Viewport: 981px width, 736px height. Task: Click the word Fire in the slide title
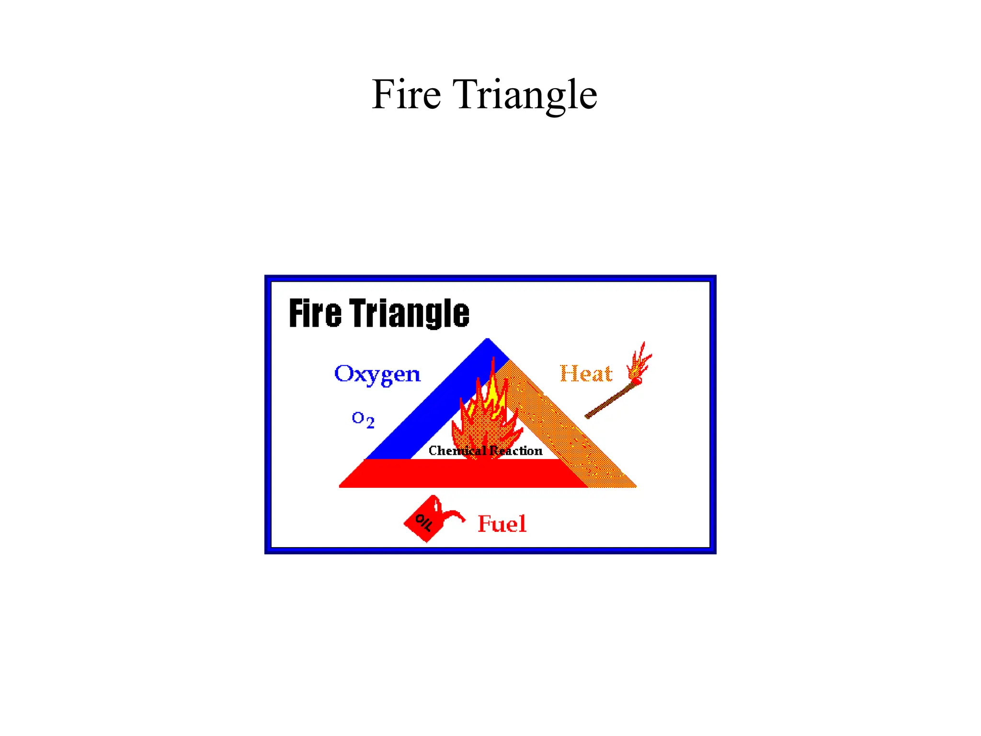[406, 94]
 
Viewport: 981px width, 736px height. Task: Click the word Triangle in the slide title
[525, 95]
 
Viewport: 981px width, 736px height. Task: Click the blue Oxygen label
[377, 374]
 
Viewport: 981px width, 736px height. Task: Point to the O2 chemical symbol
[363, 419]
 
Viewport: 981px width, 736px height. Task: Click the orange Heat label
[585, 374]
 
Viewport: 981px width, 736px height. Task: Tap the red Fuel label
[502, 524]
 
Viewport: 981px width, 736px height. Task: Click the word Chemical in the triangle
[456, 451]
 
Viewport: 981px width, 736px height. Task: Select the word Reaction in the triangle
[516, 451]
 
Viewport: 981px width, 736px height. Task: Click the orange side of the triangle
[570, 431]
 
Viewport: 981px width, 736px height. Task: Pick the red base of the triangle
[460, 473]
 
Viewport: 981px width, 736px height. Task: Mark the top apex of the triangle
[487, 341]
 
